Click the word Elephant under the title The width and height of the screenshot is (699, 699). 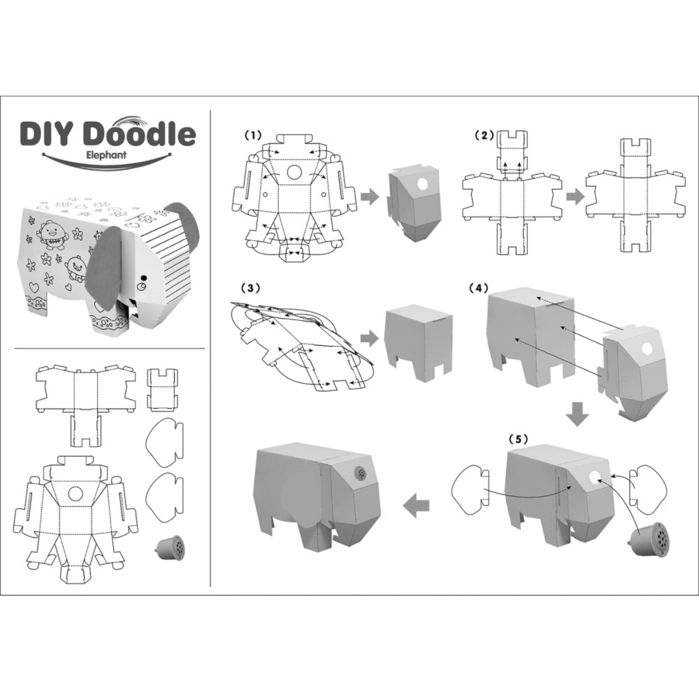(106, 156)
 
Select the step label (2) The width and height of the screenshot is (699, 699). (483, 135)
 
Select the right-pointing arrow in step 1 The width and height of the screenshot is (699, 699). (369, 196)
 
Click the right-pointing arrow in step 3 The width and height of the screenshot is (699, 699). (368, 337)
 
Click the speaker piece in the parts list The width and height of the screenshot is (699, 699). (168, 547)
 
